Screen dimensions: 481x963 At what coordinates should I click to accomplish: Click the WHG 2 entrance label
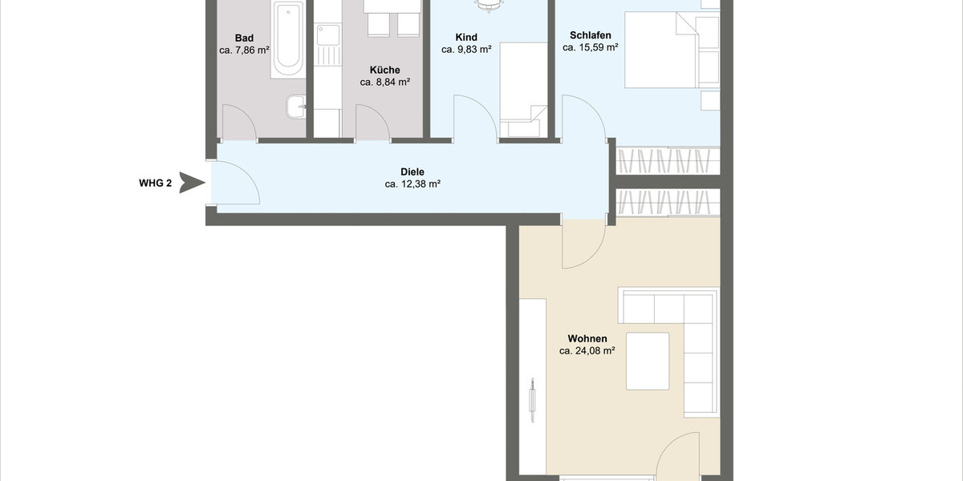point(156,183)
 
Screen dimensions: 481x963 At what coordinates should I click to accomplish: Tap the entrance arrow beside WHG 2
point(192,183)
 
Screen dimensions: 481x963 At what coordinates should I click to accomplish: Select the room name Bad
point(244,38)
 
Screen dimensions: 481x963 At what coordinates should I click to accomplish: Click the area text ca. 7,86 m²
point(244,50)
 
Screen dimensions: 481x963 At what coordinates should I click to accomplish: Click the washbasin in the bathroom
point(296,104)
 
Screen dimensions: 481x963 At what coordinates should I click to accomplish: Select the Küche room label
point(385,70)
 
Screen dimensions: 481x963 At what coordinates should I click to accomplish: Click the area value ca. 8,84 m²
point(385,82)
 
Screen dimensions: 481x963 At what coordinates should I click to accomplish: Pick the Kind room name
point(465,38)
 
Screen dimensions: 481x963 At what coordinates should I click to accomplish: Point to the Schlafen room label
point(591,35)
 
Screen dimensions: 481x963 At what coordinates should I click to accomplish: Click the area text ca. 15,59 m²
point(591,47)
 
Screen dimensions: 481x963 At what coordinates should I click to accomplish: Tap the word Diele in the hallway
point(412,172)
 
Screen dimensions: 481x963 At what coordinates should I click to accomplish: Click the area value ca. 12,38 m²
point(412,184)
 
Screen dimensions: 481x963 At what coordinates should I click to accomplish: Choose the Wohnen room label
point(587,338)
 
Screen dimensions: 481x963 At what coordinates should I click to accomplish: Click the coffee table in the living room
point(648,361)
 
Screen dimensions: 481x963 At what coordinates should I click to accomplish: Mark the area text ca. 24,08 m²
point(587,350)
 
